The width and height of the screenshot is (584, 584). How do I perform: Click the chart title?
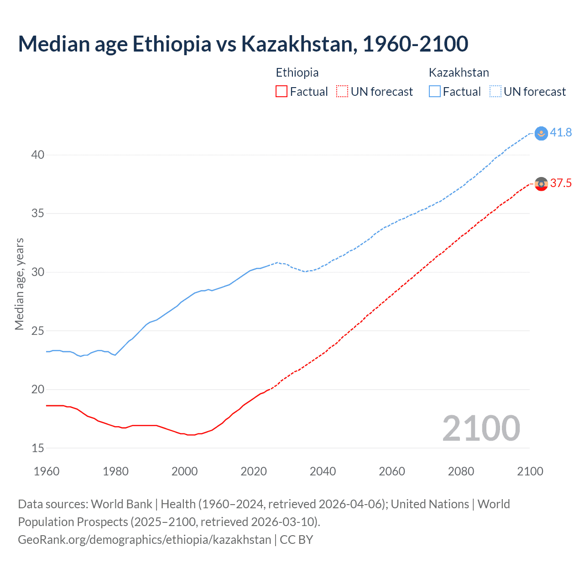[243, 44]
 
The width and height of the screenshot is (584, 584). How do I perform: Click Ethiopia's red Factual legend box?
[282, 91]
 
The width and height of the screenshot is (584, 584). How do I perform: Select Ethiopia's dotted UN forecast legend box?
[342, 91]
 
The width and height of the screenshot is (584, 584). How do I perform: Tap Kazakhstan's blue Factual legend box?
[435, 91]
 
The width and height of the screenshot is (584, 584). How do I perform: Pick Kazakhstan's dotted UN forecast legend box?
[495, 91]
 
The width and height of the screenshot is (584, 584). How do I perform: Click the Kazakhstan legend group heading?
[459, 73]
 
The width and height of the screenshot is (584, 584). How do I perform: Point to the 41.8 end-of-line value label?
[561, 132]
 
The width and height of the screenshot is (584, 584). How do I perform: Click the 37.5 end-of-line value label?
[561, 183]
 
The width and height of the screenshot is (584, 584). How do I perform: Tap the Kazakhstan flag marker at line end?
[541, 133]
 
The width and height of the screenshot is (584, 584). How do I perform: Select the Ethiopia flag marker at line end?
[541, 184]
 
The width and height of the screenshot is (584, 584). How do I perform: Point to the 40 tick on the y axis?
[38, 155]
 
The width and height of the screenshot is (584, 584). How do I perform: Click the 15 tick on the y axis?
[38, 448]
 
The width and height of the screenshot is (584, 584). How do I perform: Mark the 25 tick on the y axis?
[38, 331]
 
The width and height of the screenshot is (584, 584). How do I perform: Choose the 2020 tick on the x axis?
[254, 471]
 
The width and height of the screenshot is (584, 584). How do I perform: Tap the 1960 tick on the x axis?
[47, 471]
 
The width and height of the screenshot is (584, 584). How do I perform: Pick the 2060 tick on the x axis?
[392, 471]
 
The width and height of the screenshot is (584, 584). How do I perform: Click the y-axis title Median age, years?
[19, 284]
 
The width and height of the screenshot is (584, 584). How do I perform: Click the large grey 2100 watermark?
[481, 428]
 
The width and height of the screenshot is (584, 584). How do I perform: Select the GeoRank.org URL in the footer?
[144, 540]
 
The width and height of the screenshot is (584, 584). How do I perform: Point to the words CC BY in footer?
[297, 540]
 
